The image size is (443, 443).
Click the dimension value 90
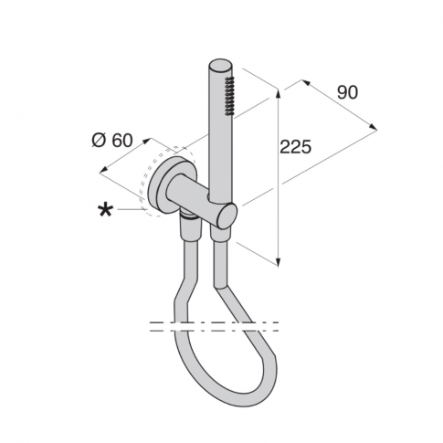(346, 92)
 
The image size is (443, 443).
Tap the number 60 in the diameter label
(123, 140)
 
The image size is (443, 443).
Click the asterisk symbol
(106, 210)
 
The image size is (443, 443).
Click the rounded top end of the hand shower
(220, 68)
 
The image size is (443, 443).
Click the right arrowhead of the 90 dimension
(374, 128)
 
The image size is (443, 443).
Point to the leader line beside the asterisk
(131, 209)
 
